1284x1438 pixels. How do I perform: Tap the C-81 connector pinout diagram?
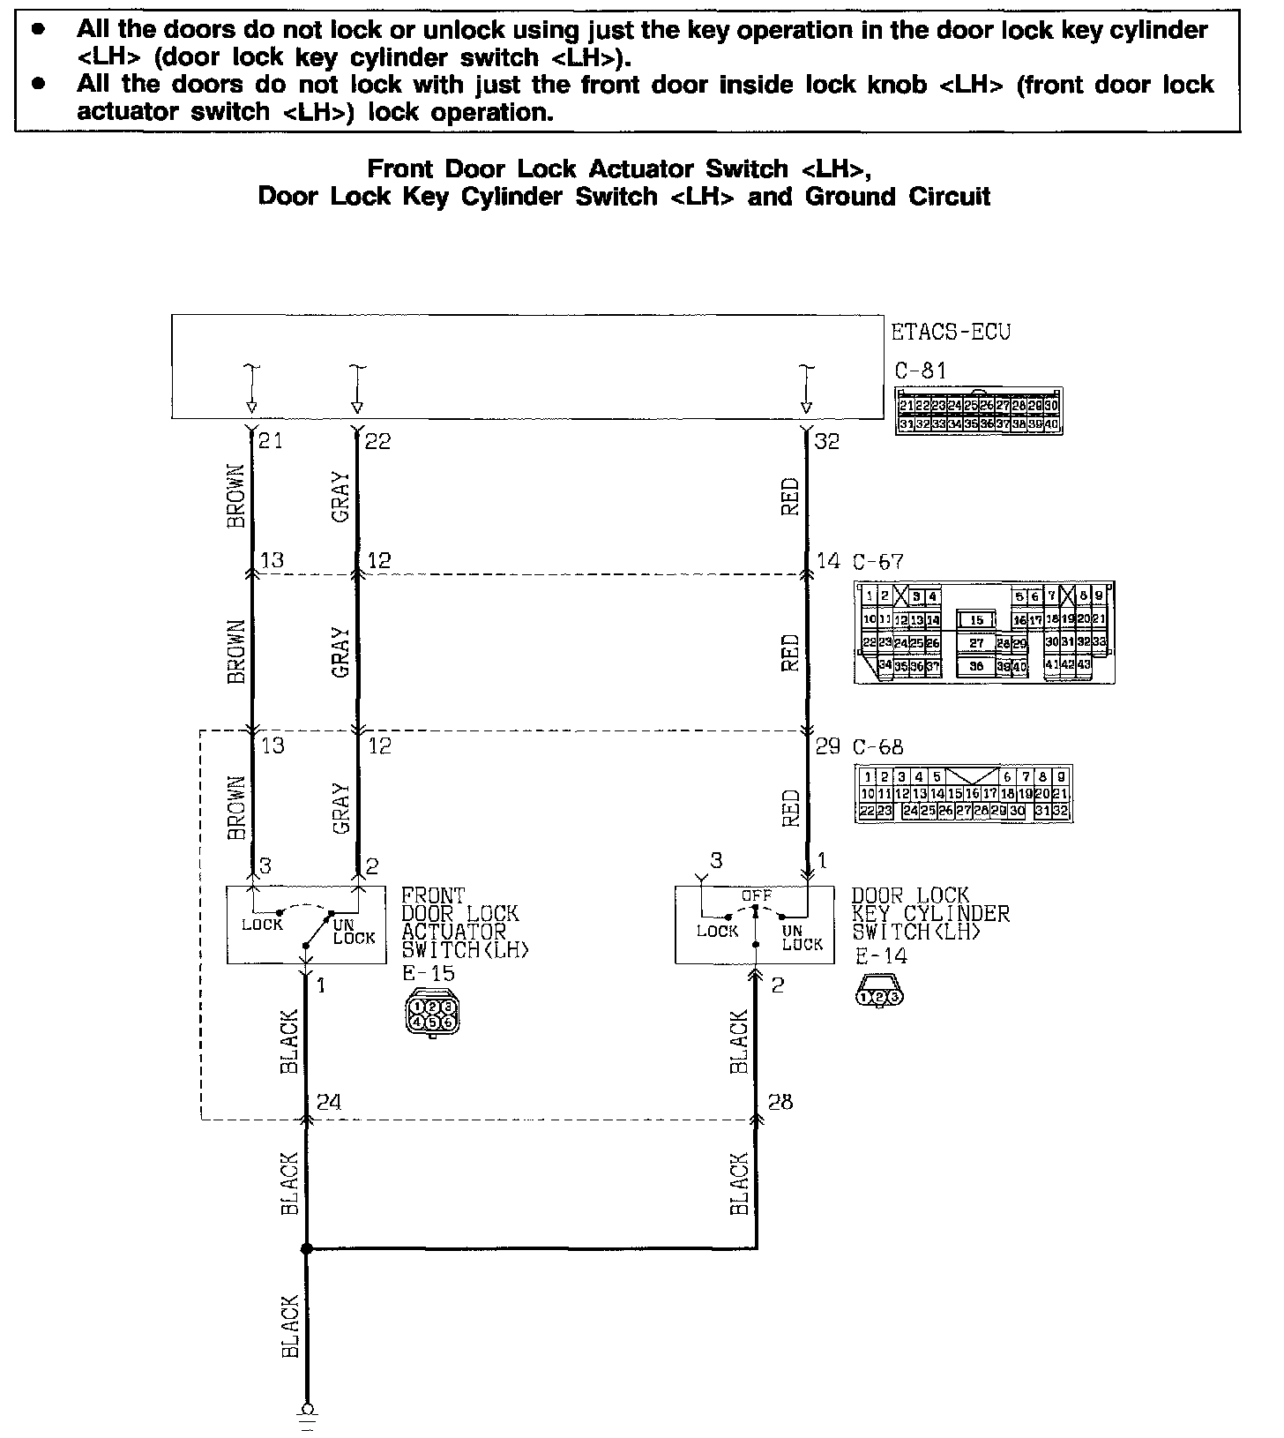click(x=978, y=410)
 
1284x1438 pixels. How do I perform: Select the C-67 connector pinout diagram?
click(x=983, y=632)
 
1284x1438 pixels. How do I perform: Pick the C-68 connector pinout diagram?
click(x=963, y=794)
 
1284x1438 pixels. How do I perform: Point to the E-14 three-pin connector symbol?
click(x=879, y=997)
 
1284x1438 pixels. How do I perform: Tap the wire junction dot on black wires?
click(x=306, y=1249)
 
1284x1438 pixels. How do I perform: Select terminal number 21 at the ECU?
click(x=271, y=439)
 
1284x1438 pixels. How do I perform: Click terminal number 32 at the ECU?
click(x=827, y=441)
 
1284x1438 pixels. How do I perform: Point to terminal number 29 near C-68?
click(x=827, y=746)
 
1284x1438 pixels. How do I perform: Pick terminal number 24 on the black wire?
click(x=329, y=1101)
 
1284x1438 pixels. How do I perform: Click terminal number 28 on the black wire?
click(x=780, y=1101)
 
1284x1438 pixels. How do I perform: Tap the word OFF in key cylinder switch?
click(x=756, y=895)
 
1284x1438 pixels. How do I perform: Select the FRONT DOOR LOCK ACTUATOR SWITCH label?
click(x=465, y=922)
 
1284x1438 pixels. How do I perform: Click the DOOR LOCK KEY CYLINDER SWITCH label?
click(x=929, y=913)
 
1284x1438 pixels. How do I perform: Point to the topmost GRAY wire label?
click(x=341, y=497)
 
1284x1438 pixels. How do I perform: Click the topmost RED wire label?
click(x=790, y=496)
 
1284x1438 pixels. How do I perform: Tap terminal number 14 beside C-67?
click(x=827, y=560)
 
